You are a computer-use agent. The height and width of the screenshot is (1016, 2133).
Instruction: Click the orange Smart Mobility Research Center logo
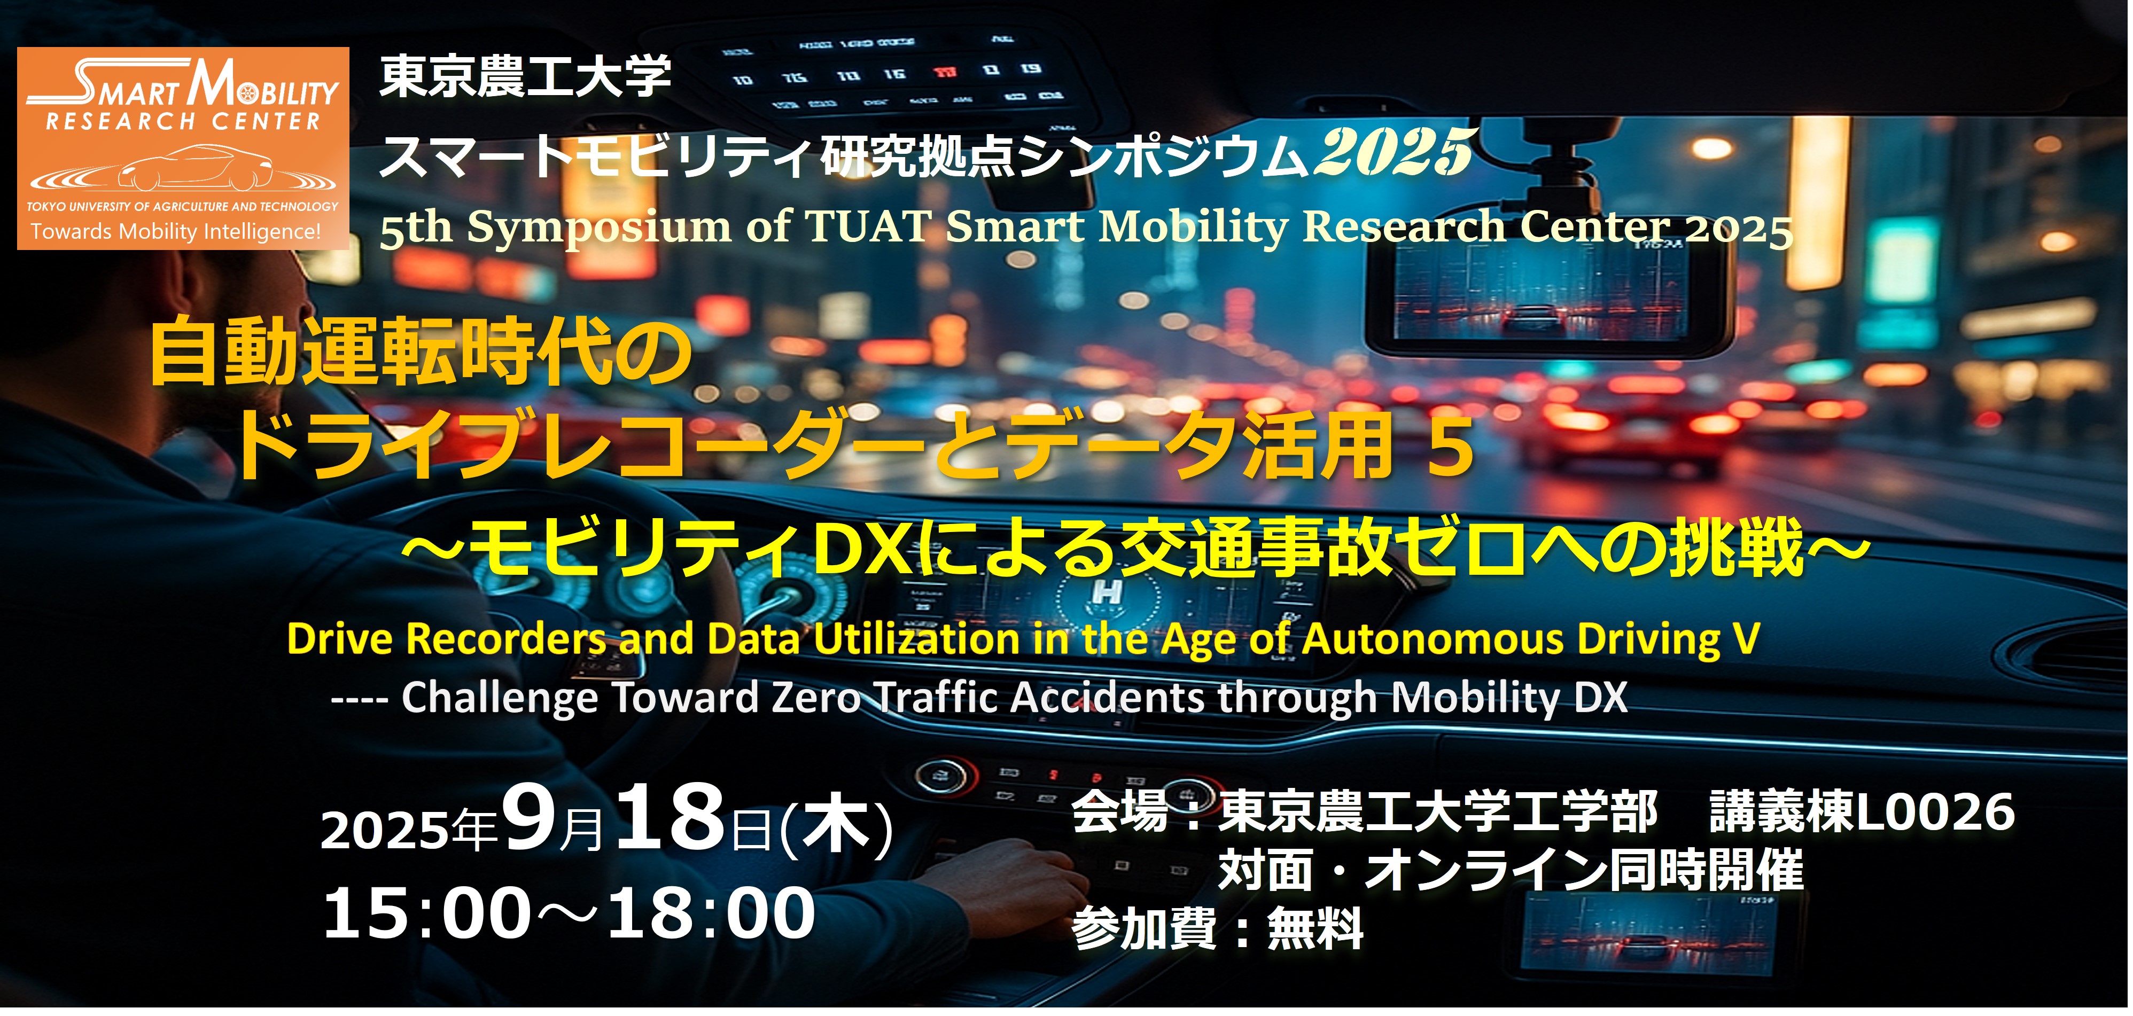point(183,148)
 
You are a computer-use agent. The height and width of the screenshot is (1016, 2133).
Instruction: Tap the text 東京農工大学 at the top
point(525,76)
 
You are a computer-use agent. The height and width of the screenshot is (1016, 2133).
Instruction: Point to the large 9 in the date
point(530,817)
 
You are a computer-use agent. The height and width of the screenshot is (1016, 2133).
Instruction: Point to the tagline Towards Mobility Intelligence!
point(176,232)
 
